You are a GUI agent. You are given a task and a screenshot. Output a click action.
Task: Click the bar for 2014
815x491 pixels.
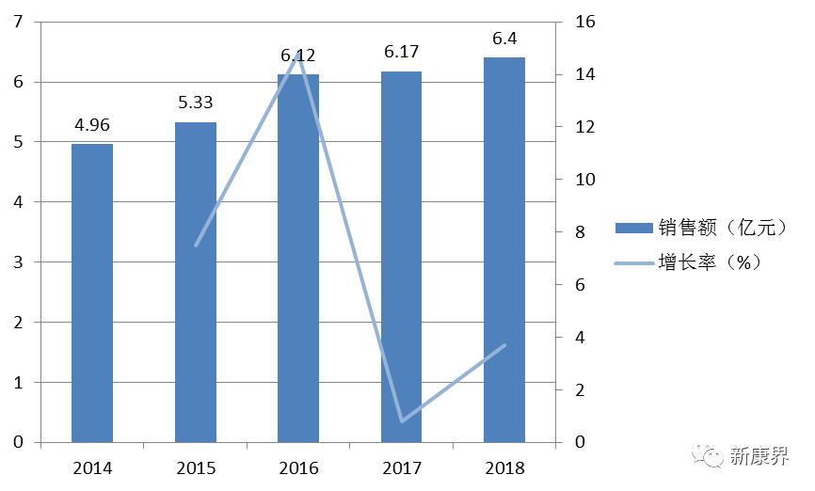pyautogui.click(x=92, y=293)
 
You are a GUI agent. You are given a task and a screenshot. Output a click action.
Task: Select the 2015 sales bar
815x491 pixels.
pyautogui.click(x=196, y=282)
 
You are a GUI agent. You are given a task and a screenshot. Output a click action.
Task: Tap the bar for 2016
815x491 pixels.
pyautogui.click(x=298, y=258)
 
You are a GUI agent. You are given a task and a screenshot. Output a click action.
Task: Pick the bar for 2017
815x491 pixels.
pyautogui.click(x=402, y=257)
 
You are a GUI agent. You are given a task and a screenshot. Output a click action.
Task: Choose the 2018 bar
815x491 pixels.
pyautogui.click(x=504, y=249)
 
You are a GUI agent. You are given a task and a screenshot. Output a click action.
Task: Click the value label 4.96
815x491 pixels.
pyautogui.click(x=92, y=124)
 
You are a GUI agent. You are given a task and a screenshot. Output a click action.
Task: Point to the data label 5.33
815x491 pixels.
pyautogui.click(x=196, y=103)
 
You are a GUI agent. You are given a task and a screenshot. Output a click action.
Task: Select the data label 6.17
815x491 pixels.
pyautogui.click(x=402, y=51)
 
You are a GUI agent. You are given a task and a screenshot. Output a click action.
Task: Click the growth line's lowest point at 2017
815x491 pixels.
pyautogui.click(x=402, y=420)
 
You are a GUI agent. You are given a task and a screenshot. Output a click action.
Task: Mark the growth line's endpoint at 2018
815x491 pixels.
pyautogui.click(x=505, y=345)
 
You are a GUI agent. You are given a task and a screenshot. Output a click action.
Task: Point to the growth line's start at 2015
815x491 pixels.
pyautogui.click(x=196, y=245)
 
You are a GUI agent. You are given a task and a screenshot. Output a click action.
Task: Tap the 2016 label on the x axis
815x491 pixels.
pyautogui.click(x=298, y=467)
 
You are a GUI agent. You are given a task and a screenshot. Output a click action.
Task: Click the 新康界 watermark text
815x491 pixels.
pyautogui.click(x=759, y=456)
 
